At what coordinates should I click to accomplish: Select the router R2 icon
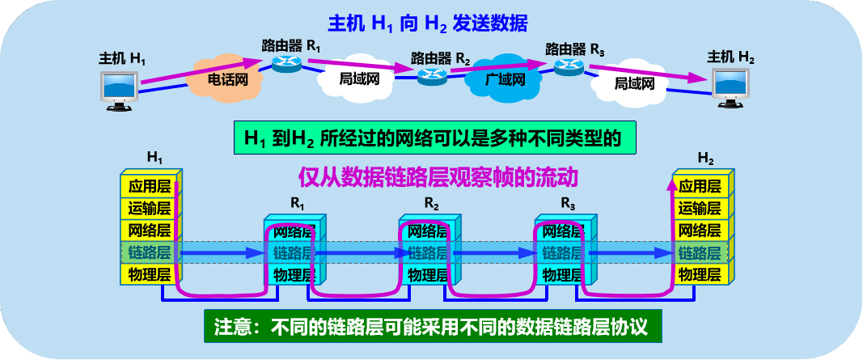coord(433,76)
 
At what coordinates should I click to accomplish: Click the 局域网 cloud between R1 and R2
coord(358,79)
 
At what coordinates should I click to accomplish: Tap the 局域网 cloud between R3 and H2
coord(633,83)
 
